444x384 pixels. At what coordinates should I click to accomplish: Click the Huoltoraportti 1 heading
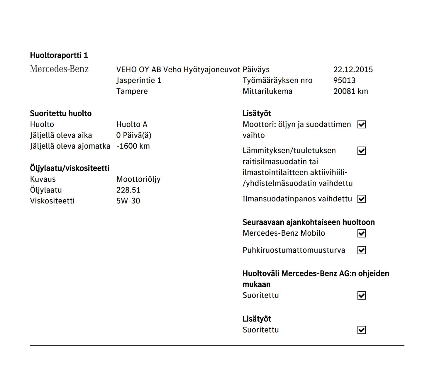(59, 55)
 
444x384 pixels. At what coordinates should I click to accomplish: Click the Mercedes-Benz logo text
(59, 69)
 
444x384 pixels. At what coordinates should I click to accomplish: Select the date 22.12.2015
(353, 69)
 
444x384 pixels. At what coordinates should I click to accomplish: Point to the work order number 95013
(344, 80)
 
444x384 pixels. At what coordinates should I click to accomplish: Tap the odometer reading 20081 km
(350, 91)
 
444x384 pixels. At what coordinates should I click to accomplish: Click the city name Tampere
(132, 91)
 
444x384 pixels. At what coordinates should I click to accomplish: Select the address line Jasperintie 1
(139, 80)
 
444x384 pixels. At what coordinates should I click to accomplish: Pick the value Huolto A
(132, 124)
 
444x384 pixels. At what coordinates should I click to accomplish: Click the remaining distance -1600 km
(133, 146)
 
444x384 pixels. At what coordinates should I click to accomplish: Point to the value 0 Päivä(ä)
(134, 135)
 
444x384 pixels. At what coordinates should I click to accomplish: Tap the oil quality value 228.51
(128, 190)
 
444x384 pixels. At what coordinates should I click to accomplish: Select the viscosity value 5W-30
(128, 201)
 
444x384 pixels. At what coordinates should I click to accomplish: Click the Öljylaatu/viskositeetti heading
(70, 168)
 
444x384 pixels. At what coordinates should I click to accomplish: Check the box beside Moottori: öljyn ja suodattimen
(362, 125)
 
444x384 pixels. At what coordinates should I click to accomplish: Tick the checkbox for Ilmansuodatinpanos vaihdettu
(362, 199)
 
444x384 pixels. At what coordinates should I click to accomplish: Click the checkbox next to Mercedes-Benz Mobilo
(362, 233)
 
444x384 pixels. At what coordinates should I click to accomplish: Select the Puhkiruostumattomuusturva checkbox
(362, 250)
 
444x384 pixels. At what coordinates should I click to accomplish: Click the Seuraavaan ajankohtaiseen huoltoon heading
(309, 222)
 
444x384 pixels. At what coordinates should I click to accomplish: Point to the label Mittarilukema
(267, 91)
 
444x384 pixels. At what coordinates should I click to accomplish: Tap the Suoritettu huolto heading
(61, 113)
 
